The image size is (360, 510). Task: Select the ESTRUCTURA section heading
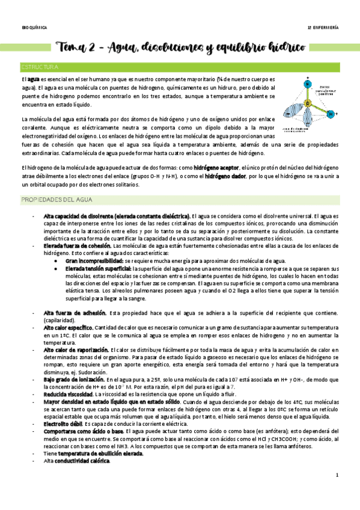click(x=40, y=67)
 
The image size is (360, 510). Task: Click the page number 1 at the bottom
click(x=337, y=493)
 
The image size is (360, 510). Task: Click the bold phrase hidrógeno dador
click(x=226, y=176)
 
